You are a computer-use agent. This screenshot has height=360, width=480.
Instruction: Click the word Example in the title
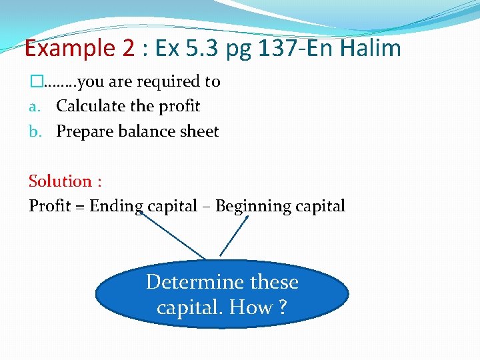point(61,48)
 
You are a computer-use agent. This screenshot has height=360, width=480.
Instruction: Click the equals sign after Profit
point(79,207)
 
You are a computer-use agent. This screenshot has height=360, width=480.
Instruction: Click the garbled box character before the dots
point(35,81)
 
